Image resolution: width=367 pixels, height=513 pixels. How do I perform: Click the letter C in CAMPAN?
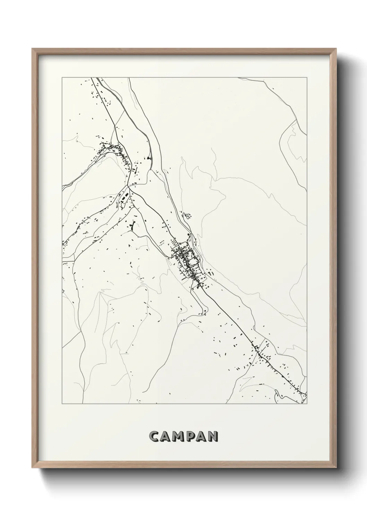coord(154,436)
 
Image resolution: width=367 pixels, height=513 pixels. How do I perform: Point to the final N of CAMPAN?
coord(212,436)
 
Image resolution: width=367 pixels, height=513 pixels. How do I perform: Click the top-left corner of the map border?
coord(62,78)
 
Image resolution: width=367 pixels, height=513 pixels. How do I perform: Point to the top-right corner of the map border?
coord(307,78)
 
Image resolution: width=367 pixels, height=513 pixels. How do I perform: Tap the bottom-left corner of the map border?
coord(62,404)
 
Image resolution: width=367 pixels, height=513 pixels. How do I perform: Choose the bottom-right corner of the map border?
coord(307,404)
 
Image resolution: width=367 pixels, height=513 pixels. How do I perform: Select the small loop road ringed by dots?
coord(188,216)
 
